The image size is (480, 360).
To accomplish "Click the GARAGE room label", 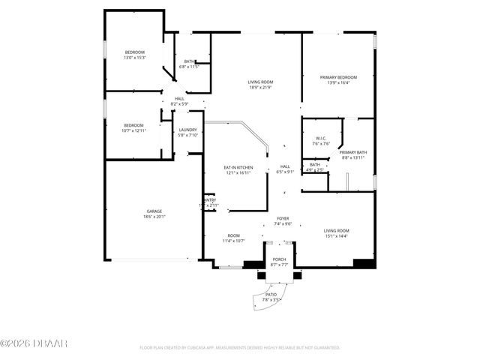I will pos(154,211).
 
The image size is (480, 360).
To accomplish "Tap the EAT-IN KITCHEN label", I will pos(238,167).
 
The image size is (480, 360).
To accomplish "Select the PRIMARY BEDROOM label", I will pos(337,77).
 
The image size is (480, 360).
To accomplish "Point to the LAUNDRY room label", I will pos(187,130).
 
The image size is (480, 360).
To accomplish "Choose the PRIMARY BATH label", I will pos(352,152).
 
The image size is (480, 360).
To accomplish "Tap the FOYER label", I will pos(283,218).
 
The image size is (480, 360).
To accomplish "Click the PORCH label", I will pos(279,259).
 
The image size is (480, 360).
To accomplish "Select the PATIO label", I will pos(271,295).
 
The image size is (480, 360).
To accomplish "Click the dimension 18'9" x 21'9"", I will pos(260,88).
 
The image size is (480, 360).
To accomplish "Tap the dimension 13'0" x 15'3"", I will pos(134,57).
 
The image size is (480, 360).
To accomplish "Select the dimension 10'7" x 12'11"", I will pos(133,130).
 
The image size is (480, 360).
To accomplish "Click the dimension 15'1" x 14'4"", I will pos(336,236).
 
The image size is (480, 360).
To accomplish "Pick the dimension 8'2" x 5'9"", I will pos(179,103).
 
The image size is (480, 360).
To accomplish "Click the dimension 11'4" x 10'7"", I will pos(234,241).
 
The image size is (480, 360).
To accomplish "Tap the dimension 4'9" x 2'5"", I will pos(315,169).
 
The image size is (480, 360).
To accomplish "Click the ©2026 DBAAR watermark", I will pos(34,343).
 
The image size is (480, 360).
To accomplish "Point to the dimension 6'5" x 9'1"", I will pos(285,172).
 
